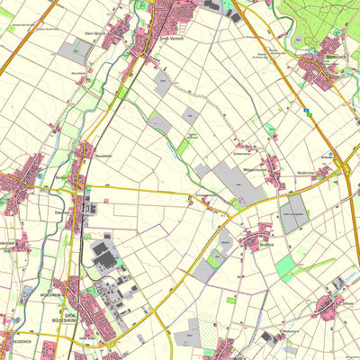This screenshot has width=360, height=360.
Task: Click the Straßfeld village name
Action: point(263,243)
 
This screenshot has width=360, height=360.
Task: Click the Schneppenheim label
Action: point(206,194)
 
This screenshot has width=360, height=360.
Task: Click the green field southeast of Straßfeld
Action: point(286,266)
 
